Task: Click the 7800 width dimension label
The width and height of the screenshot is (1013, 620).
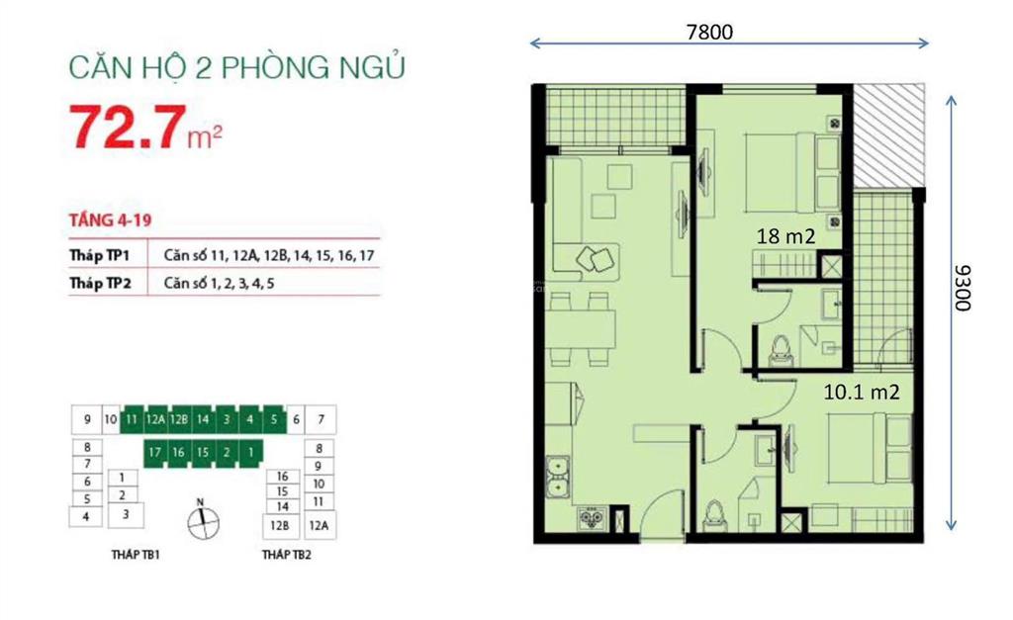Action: (x=709, y=32)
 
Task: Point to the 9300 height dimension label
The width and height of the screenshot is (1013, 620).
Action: (x=963, y=288)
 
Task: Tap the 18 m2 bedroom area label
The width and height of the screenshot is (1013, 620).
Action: (x=785, y=236)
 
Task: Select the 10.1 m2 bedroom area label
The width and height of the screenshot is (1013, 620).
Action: (x=862, y=392)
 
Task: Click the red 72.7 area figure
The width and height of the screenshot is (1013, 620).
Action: (x=128, y=128)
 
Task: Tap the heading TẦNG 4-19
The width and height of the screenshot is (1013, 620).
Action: (x=111, y=221)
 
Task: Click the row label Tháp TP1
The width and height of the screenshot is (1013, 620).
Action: (x=100, y=255)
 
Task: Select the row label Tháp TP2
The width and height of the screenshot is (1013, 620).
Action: (x=100, y=284)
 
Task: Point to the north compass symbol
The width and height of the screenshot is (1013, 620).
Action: (x=203, y=520)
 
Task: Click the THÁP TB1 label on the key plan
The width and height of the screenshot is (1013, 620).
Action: (x=135, y=555)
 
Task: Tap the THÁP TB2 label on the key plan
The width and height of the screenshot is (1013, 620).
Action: (x=287, y=555)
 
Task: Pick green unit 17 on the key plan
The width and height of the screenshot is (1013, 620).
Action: (x=154, y=452)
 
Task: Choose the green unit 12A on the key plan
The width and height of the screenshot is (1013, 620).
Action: (x=155, y=420)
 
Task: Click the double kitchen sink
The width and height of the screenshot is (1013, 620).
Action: (x=558, y=478)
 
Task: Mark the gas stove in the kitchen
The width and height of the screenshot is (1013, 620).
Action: (x=590, y=518)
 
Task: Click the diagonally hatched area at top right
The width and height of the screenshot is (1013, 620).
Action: (x=889, y=134)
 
